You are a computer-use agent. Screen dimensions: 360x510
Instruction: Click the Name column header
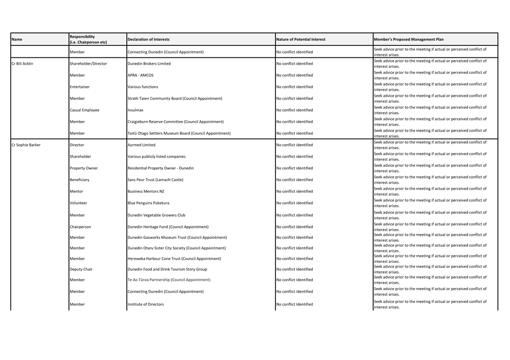[17, 39]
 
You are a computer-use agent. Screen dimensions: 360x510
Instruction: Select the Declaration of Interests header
[149, 39]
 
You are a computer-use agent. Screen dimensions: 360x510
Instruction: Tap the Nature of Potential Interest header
[301, 39]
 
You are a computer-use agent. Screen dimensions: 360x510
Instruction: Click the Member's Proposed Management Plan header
[409, 39]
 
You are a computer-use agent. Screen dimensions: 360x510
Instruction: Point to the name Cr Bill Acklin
[22, 64]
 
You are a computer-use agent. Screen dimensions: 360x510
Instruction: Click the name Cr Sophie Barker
[26, 145]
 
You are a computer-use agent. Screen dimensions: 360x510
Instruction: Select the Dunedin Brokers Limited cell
[149, 64]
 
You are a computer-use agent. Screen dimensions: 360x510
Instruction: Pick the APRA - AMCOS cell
[141, 75]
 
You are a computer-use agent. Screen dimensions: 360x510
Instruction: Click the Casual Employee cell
[85, 110]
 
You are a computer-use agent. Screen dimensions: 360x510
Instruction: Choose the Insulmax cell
[136, 110]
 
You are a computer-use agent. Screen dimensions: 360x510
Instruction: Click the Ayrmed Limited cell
[142, 145]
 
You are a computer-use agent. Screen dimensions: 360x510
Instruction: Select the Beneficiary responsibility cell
[80, 180]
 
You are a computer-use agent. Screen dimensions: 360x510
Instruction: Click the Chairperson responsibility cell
[80, 227]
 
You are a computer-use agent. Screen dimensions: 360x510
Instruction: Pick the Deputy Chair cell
[81, 269]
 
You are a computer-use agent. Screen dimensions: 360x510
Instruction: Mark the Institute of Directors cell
[146, 304]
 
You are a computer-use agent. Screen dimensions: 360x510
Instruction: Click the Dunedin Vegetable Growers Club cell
[156, 215]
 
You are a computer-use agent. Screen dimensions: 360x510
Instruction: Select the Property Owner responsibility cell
[84, 168]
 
